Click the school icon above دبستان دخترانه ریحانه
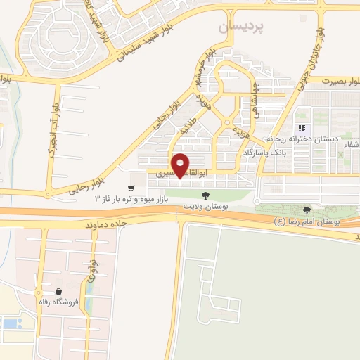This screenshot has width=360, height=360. (x=302, y=128)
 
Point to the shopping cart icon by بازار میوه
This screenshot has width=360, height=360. (x=131, y=188)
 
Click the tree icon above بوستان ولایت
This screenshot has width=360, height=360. (x=205, y=195)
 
